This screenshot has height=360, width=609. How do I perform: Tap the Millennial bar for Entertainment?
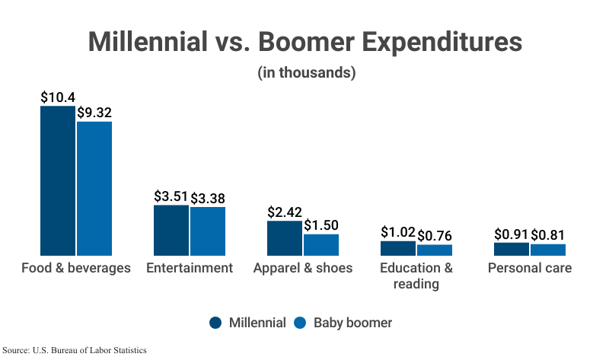pyautogui.click(x=171, y=230)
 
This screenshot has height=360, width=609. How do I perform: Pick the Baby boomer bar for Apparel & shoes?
pyautogui.click(x=321, y=244)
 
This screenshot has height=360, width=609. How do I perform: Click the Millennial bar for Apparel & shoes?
pyautogui.click(x=284, y=237)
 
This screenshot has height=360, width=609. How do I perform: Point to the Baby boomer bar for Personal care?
pyautogui.click(x=548, y=249)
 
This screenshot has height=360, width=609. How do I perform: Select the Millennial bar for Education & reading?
pyautogui.click(x=397, y=248)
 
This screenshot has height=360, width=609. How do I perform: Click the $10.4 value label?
pyautogui.click(x=58, y=97)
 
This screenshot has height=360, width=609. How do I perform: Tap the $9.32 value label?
pyautogui.click(x=94, y=113)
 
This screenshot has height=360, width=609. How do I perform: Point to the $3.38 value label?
pyautogui.click(x=208, y=199)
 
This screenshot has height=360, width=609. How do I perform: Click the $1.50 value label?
pyautogui.click(x=321, y=225)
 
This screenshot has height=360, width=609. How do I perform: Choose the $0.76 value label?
pyautogui.click(x=435, y=236)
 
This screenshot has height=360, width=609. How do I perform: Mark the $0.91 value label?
pyautogui.click(x=512, y=234)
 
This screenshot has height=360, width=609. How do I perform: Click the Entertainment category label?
pyautogui.click(x=190, y=268)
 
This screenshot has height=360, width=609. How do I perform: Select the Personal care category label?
pyautogui.click(x=530, y=268)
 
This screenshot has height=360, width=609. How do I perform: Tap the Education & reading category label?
pyautogui.click(x=416, y=276)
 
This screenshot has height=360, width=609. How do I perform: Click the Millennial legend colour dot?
pyautogui.click(x=216, y=323)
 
